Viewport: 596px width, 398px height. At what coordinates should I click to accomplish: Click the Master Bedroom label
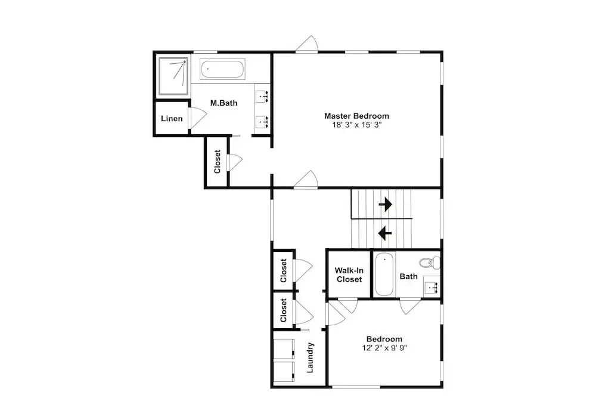pyautogui.click(x=356, y=116)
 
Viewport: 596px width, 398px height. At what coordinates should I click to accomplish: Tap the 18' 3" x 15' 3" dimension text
pyautogui.click(x=356, y=125)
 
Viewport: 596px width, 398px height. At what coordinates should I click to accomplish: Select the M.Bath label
pyautogui.click(x=224, y=103)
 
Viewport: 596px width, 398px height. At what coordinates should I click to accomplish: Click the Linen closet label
pyautogui.click(x=172, y=119)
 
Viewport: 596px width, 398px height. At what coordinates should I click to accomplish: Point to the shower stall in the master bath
pyautogui.click(x=173, y=76)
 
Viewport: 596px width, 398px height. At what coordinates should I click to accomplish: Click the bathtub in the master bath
pyautogui.click(x=222, y=69)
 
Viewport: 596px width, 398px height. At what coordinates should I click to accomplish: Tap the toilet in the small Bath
pyautogui.click(x=430, y=262)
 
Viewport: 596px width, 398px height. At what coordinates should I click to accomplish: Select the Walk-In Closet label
pyautogui.click(x=349, y=274)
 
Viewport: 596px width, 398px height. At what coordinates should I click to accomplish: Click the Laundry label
pyautogui.click(x=310, y=357)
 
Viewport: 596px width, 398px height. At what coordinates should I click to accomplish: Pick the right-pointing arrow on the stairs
pyautogui.click(x=386, y=204)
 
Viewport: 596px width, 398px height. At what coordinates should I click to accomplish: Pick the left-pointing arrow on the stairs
pyautogui.click(x=385, y=233)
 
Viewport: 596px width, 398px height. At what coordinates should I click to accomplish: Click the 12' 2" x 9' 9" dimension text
pyautogui.click(x=384, y=348)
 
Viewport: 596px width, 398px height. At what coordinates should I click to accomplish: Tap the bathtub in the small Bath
pyautogui.click(x=384, y=274)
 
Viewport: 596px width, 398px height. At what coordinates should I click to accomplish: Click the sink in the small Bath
pyautogui.click(x=432, y=285)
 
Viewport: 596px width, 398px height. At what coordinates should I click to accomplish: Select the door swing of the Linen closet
pyautogui.click(x=198, y=118)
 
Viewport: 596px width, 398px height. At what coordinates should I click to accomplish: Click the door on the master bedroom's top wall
pyautogui.click(x=306, y=44)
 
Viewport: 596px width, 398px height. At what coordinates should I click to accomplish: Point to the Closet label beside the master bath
pyautogui.click(x=217, y=162)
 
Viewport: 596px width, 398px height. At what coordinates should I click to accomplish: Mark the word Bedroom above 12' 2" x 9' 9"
pyautogui.click(x=384, y=339)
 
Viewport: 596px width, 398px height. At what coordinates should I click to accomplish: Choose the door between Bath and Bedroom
pyautogui.click(x=410, y=307)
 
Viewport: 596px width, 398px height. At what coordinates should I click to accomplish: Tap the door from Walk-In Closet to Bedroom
pyautogui.click(x=348, y=306)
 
